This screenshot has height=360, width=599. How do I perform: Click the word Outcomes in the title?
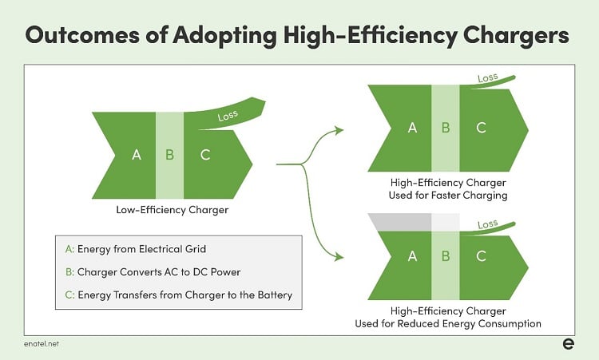pyautogui.click(x=82, y=35)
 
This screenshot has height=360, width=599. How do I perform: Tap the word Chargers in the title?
pyautogui.click(x=516, y=36)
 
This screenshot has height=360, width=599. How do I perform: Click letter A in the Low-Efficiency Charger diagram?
pyautogui.click(x=137, y=155)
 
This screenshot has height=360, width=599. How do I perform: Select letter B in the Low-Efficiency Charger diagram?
pyautogui.click(x=169, y=155)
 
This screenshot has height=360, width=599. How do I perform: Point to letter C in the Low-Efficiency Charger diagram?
pyautogui.click(x=205, y=155)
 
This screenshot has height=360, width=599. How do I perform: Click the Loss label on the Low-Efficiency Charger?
pyautogui.click(x=228, y=115)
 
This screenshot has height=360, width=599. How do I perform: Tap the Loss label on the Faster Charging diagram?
pyautogui.click(x=487, y=78)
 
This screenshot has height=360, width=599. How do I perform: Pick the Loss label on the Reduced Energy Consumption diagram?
pyautogui.click(x=487, y=224)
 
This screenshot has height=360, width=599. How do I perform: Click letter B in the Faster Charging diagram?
pyautogui.click(x=446, y=128)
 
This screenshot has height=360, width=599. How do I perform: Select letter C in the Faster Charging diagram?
pyautogui.click(x=481, y=128)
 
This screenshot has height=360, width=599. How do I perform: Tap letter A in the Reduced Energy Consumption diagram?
pyautogui.click(x=412, y=256)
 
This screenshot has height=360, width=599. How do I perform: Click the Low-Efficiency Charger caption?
pyautogui.click(x=173, y=210)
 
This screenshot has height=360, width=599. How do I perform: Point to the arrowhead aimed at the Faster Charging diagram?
pyautogui.click(x=339, y=130)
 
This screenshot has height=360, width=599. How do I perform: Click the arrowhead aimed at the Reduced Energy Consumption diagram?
pyautogui.click(x=339, y=256)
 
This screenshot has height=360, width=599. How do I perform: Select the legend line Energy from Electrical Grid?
pyautogui.click(x=136, y=249)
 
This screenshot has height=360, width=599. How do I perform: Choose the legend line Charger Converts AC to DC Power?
pyautogui.click(x=153, y=272)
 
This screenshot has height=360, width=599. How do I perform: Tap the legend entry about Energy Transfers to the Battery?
pyautogui.click(x=179, y=295)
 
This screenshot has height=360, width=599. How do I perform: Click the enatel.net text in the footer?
pyautogui.click(x=42, y=343)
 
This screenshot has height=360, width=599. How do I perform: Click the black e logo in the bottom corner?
pyautogui.click(x=568, y=343)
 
